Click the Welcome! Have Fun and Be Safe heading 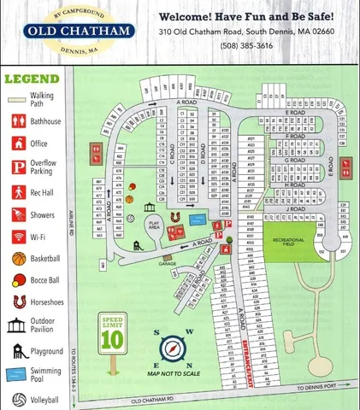click(246, 16)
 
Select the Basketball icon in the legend click(18, 259)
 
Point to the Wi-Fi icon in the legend click(18, 236)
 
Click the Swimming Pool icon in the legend click(18, 374)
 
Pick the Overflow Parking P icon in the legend click(18, 167)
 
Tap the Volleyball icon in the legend click(18, 399)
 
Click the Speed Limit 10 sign click(112, 337)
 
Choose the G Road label click(294, 160)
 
